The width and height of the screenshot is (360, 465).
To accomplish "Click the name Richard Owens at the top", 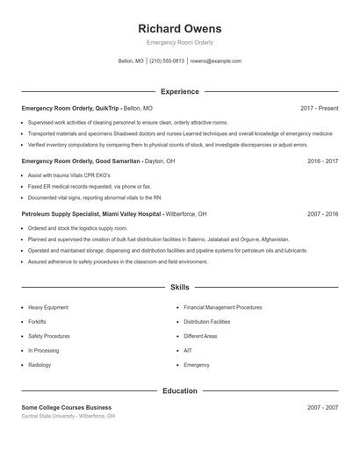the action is coord(179,28).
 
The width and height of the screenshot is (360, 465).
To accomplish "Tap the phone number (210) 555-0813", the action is coord(167,61).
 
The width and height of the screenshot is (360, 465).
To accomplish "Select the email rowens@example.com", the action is coord(215,61).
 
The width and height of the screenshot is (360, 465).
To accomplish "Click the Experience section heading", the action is coord(179,91).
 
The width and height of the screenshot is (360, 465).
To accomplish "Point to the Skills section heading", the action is coord(179,287).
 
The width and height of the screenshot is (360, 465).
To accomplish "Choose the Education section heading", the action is coord(179,390).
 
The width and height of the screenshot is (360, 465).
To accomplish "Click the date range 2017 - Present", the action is coord(319,108).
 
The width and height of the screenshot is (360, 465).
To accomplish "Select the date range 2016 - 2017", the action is coord(323,161).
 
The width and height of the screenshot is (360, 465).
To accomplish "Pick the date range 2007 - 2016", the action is coord(323,213).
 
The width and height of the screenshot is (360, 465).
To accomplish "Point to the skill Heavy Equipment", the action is coord(48,308).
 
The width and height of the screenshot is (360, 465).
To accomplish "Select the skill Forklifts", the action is coord(37,322).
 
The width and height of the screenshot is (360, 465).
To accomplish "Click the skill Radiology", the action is coord(40,364).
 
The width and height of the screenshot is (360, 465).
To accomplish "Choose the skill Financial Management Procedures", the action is coord(223,308).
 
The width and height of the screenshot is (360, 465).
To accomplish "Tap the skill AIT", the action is coord(188,350).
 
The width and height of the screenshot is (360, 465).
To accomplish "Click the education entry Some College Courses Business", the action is coord(67,407).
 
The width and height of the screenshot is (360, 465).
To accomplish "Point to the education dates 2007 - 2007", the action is coord(323,407).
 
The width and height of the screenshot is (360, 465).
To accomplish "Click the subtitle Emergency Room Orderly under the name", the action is coord(179,42).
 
